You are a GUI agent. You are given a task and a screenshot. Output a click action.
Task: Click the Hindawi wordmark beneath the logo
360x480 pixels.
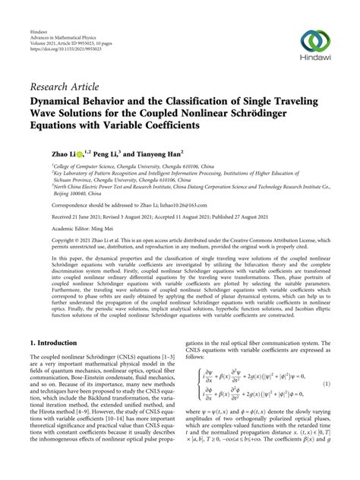click(317, 63)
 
